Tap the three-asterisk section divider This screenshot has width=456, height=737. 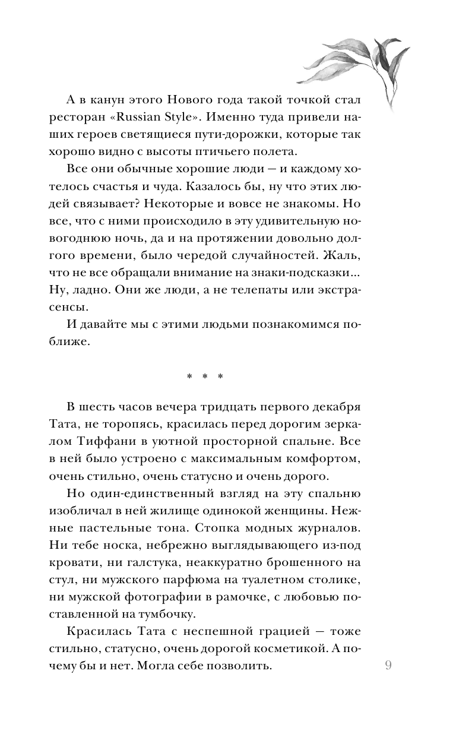pos(204,377)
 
